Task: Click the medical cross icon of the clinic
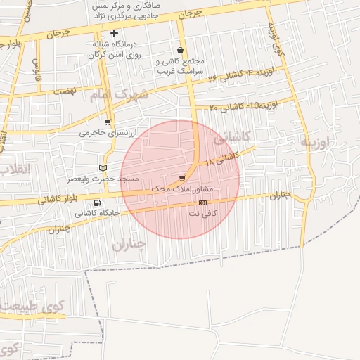[114, 33]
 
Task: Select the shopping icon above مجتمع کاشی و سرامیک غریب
[181, 51]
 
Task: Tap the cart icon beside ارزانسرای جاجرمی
[108, 122]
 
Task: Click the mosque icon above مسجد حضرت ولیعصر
[103, 168]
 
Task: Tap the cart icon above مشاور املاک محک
[183, 179]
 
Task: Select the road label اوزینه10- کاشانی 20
[245, 106]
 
